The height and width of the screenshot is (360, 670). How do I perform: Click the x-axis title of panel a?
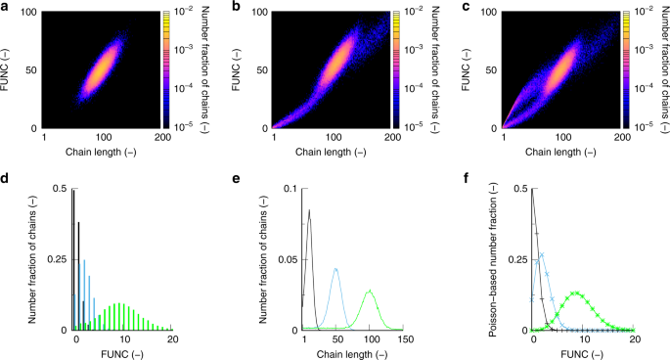pyautogui.click(x=101, y=154)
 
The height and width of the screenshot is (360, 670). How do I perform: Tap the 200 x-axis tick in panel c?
pyautogui.click(x=617, y=139)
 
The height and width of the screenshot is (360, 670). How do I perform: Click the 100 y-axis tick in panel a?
pyautogui.click(x=30, y=11)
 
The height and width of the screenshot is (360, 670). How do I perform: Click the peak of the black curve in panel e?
pyautogui.click(x=309, y=209)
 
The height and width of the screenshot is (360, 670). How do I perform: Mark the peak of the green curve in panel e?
pyautogui.click(x=371, y=291)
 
